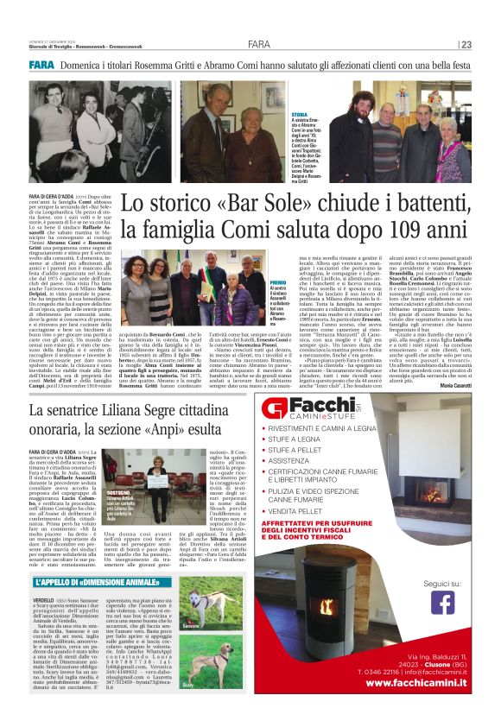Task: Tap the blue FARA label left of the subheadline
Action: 41,65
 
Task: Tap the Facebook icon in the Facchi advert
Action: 442,624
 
